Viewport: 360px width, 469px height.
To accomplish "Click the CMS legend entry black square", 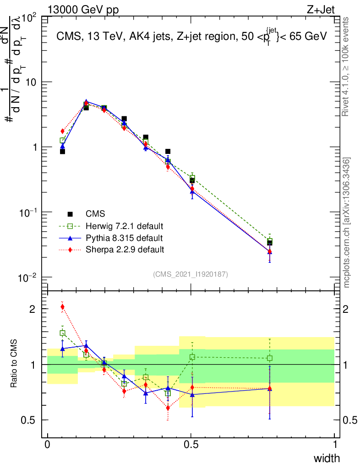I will (x=70, y=214).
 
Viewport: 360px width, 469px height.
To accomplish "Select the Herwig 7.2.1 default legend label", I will (x=125, y=226).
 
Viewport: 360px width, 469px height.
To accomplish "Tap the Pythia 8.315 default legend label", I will (x=124, y=238).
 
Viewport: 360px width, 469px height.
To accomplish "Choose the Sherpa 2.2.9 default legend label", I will (x=125, y=250).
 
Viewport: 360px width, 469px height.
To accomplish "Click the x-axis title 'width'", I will (x=326, y=458).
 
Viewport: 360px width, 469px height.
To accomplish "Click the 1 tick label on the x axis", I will (x=334, y=445).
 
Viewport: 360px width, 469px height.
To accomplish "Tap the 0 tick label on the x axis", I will (x=47, y=445).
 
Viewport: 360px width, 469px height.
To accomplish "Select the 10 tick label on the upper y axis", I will (x=33, y=82).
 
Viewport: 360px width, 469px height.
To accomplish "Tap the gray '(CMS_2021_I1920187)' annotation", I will (x=191, y=274).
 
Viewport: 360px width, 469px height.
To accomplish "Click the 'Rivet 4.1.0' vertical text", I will (x=346, y=66).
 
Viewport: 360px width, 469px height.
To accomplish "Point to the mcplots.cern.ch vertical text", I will (x=347, y=222).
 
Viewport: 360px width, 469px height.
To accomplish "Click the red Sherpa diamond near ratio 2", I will (x=62, y=307).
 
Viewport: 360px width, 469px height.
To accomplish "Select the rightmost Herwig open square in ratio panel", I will (x=270, y=358).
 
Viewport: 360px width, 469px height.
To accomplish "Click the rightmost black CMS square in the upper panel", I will (x=270, y=243).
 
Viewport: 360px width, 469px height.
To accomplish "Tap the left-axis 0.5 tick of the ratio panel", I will (x=33, y=420).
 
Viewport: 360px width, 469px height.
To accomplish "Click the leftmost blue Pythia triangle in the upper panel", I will (x=62, y=146).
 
